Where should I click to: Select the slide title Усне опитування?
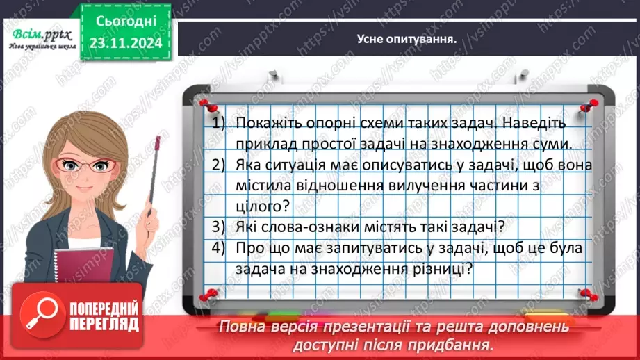407,39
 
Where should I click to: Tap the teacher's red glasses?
85,166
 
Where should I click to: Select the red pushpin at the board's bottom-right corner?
585,294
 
